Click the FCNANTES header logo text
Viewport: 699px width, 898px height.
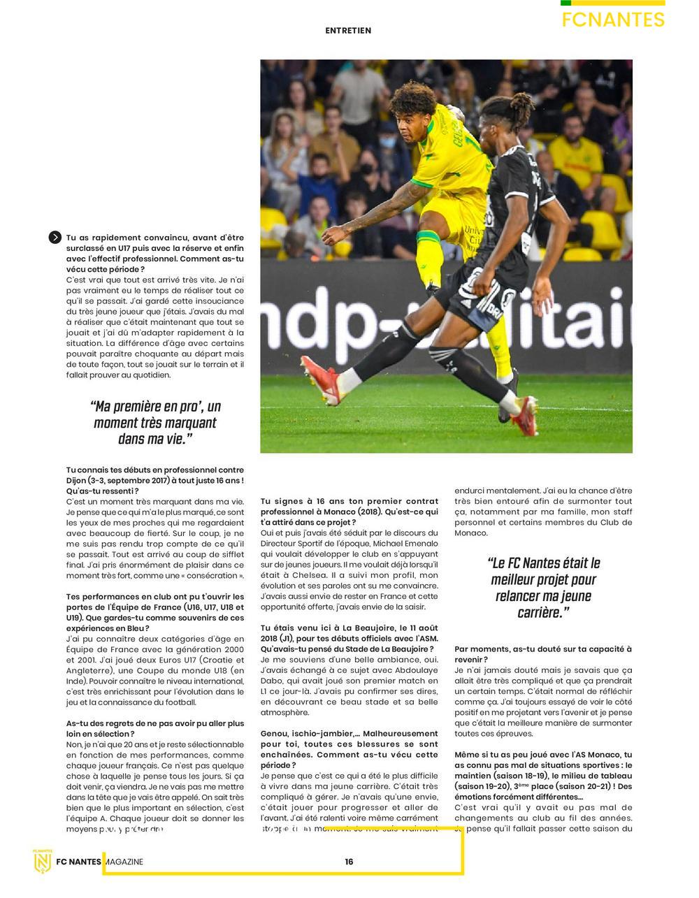[x=613, y=20]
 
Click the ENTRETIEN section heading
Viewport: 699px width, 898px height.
[x=348, y=31]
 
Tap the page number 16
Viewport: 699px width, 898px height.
[x=349, y=862]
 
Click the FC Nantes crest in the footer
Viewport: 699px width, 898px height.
[x=43, y=861]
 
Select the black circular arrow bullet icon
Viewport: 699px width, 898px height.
[x=55, y=238]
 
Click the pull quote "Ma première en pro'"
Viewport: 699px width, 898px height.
[x=155, y=423]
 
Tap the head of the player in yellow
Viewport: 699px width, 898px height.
[x=412, y=112]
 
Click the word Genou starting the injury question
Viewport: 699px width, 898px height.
[x=273, y=734]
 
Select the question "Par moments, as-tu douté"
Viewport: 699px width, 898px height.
[x=543, y=654]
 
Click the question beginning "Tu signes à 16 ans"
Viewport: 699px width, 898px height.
[x=349, y=512]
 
